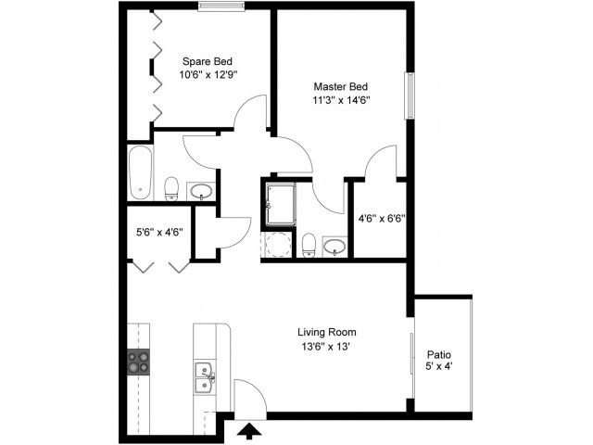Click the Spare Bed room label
point(208,61)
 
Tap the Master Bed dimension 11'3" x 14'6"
point(341,100)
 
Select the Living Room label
point(327,332)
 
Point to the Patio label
point(438,355)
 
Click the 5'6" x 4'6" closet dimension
point(160,232)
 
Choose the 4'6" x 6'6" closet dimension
point(382,219)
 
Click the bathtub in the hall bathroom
point(140,173)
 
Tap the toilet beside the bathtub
point(171,189)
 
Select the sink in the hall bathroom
point(201,192)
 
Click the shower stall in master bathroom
point(280,205)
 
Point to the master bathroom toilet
point(309,246)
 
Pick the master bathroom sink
point(334,247)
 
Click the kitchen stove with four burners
point(138,362)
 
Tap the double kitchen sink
point(205,378)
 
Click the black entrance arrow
point(249,431)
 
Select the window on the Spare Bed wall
point(221,6)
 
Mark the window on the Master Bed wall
point(410,95)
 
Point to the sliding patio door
point(413,354)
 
